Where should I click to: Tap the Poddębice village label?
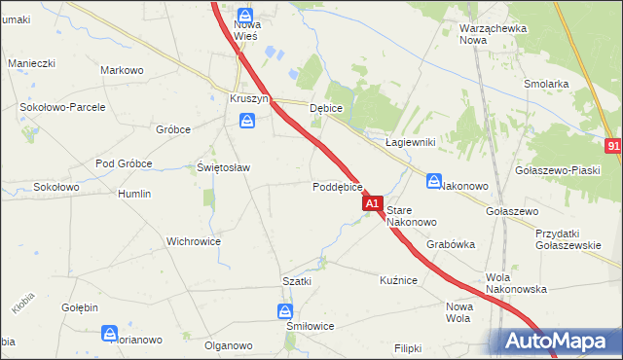tap(338, 187)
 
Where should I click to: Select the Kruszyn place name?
tap(248, 99)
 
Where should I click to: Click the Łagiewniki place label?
tap(410, 142)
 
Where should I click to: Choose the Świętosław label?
tap(224, 167)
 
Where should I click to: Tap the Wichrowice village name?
tap(194, 241)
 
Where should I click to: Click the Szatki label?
tap(297, 281)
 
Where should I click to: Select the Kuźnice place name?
tap(398, 280)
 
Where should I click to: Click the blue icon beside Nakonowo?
tap(434, 181)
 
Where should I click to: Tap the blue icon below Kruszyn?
tap(248, 121)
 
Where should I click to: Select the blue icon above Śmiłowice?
tap(284, 311)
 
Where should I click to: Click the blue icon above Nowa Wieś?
tap(245, 17)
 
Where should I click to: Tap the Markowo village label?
tap(123, 70)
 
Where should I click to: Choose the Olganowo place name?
tap(229, 345)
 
